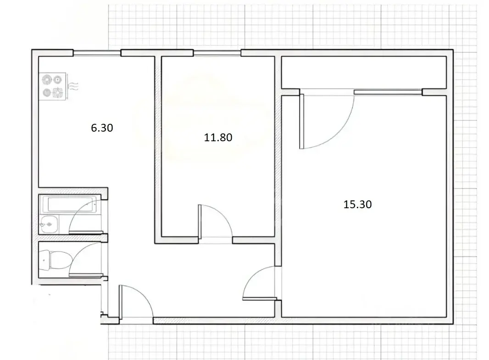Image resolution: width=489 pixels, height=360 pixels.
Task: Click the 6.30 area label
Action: (102, 128)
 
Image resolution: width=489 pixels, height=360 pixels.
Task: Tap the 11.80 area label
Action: (218, 138)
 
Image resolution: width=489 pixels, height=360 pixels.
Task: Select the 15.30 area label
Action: (357, 205)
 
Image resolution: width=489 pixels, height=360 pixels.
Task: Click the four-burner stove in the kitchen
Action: (52, 86)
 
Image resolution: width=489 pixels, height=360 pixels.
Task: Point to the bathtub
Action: (70, 205)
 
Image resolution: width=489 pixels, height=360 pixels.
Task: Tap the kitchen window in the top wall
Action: (97, 53)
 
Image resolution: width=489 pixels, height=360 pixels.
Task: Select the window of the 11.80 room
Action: (217, 53)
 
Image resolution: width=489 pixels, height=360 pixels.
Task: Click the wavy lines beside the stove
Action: (73, 86)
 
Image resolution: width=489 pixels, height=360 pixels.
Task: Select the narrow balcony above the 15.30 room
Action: (364, 72)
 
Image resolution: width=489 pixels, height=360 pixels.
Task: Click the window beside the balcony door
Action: (388, 92)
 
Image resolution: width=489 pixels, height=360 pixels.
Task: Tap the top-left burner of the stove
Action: (46, 79)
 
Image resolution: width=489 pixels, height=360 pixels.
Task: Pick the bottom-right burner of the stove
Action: (58, 93)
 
